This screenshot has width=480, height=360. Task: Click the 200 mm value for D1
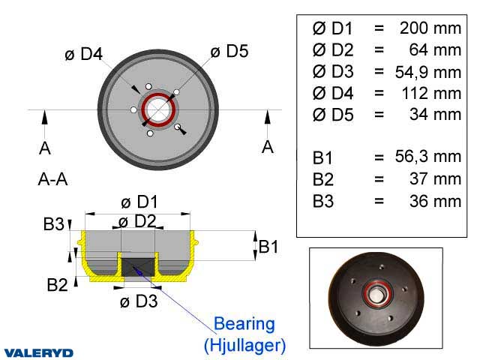coord(426,28)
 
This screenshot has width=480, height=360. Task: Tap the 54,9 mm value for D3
coord(427,72)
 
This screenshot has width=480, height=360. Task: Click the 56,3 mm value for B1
coord(427,157)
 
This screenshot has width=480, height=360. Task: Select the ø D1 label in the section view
coord(139,202)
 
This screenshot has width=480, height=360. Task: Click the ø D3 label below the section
coord(139,301)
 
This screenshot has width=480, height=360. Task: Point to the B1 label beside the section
coord(269,245)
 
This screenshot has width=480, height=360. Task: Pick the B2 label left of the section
coord(58,284)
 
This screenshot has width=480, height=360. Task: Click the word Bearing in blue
coord(244,324)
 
